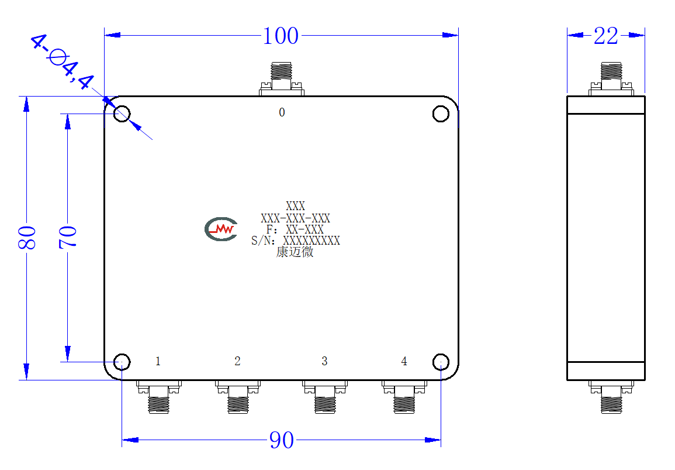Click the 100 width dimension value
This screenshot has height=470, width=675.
click(x=281, y=36)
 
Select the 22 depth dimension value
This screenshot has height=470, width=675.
click(x=605, y=36)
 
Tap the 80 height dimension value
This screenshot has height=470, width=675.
click(x=27, y=237)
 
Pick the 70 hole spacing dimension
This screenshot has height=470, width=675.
click(x=68, y=237)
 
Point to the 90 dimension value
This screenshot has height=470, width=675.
click(x=282, y=440)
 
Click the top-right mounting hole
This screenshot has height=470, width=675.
click(x=441, y=114)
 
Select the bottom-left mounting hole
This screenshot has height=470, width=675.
click(x=122, y=362)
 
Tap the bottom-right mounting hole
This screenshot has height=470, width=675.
click(x=441, y=362)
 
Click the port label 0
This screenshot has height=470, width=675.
click(x=282, y=112)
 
